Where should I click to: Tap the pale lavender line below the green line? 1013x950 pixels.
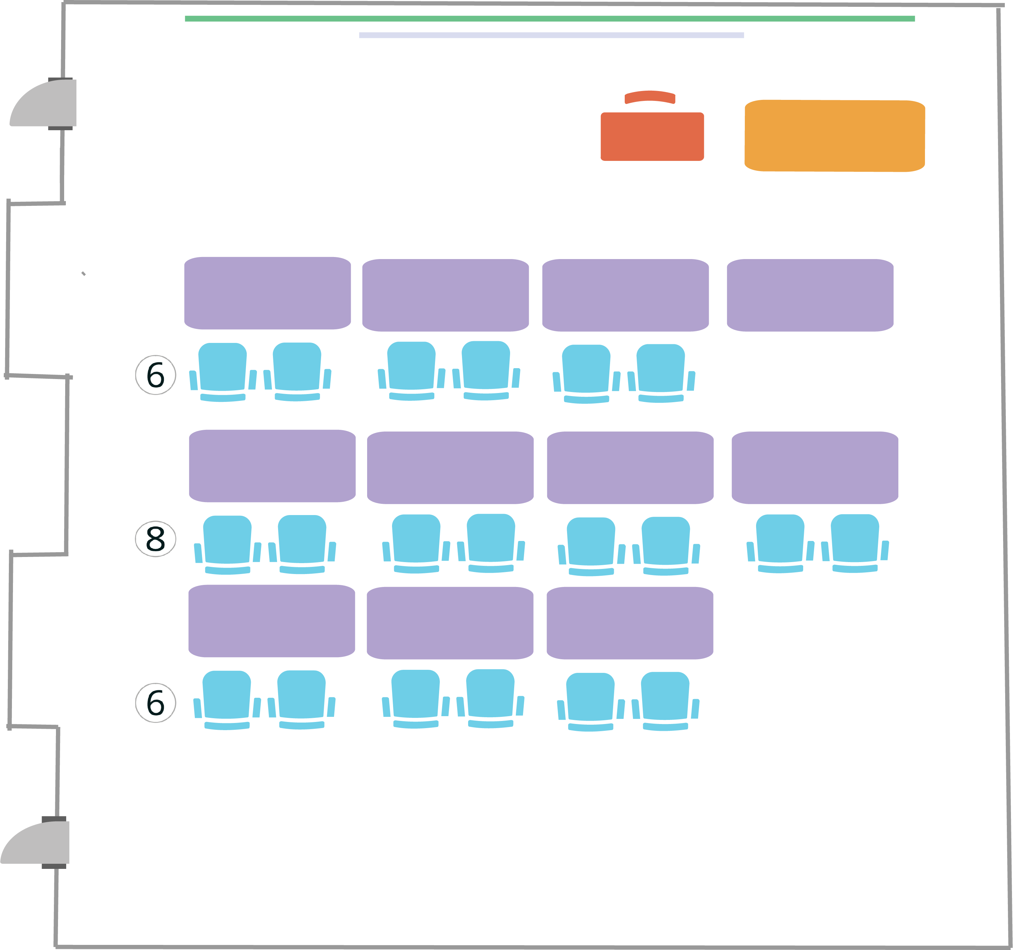click(551, 35)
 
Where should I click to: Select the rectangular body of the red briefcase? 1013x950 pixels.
click(652, 136)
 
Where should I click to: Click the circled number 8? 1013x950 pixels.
click(156, 539)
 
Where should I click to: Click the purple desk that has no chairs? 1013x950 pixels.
click(810, 295)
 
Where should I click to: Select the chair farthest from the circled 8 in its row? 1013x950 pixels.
click(855, 542)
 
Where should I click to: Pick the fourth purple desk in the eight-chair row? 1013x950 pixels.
click(815, 467)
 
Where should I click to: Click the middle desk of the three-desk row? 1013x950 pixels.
click(450, 623)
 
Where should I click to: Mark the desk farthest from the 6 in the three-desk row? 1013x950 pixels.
click(630, 623)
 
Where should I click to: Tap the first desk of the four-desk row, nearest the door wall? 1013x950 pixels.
click(267, 293)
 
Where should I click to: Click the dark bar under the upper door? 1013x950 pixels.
click(60, 128)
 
